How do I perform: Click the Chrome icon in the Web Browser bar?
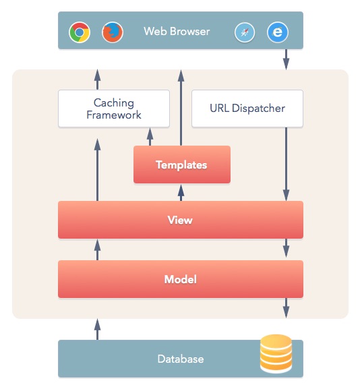point(80,32)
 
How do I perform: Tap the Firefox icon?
point(112,32)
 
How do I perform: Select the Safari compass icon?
point(245,32)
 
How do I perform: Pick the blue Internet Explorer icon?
point(277,32)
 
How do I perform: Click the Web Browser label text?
point(177,31)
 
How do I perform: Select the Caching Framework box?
point(113,109)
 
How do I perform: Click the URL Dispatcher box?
point(247,109)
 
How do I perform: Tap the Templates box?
point(181,164)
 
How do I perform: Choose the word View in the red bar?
point(180,220)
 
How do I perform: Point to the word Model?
point(180,279)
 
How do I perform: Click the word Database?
point(180,359)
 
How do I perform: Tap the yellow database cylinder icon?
point(276,353)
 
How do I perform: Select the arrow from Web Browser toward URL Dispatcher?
point(287,59)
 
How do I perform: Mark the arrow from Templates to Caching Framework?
point(149,136)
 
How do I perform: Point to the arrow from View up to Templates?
point(180,192)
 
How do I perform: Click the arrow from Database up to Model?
point(97,328)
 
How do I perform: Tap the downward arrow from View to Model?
point(287,249)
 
